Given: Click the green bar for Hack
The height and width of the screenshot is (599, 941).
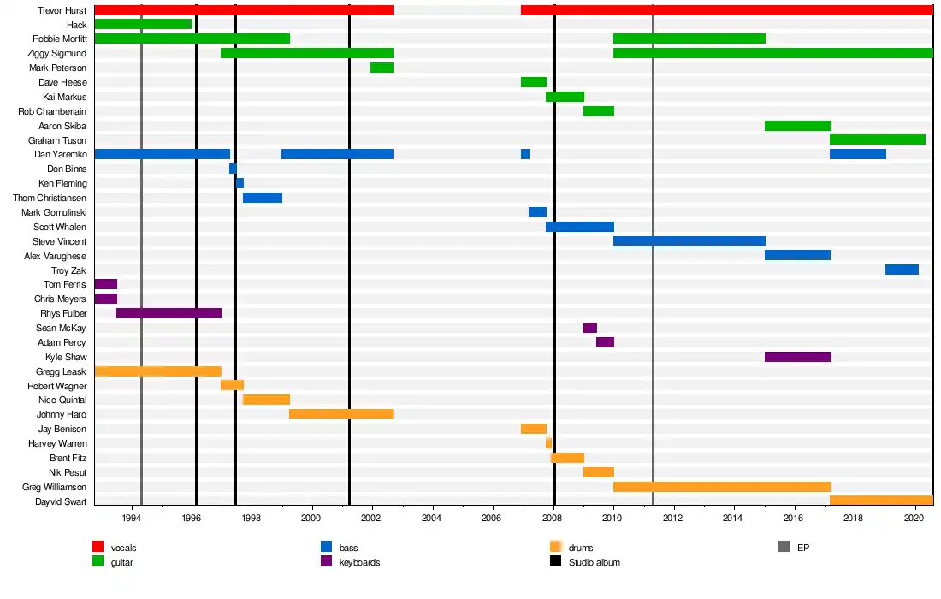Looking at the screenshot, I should [143, 24].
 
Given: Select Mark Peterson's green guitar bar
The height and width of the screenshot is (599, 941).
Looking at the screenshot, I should [382, 68].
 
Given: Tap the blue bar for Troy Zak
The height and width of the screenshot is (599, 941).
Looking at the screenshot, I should [902, 270].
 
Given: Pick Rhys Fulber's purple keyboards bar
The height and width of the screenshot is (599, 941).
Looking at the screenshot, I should [169, 313].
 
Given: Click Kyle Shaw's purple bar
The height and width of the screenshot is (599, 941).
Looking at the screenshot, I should [797, 357].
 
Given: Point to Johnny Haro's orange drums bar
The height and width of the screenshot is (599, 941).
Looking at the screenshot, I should [341, 414].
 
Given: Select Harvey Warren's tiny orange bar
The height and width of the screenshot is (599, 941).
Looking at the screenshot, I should [548, 443].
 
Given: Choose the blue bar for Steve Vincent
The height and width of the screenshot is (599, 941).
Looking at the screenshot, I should [689, 241].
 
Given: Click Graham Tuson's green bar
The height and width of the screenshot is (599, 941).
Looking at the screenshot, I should [878, 139].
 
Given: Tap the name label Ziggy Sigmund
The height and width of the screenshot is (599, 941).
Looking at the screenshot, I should [59, 53].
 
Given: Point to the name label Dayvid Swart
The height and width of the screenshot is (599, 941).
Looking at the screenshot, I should [60, 501].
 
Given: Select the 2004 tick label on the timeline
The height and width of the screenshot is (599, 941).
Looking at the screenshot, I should [431, 519].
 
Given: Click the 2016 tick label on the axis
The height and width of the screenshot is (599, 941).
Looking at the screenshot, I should [794, 519].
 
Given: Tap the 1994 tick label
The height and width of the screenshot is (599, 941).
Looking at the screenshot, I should [131, 519].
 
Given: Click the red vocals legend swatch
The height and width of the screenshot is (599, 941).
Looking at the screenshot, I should [98, 547].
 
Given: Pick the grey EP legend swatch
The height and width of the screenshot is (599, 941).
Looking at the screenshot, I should [784, 547].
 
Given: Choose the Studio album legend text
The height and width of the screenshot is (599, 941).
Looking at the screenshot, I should [594, 562].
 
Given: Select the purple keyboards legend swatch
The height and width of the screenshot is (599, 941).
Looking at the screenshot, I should [326, 561].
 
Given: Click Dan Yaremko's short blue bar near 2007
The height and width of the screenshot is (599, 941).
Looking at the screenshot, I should [524, 154].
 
